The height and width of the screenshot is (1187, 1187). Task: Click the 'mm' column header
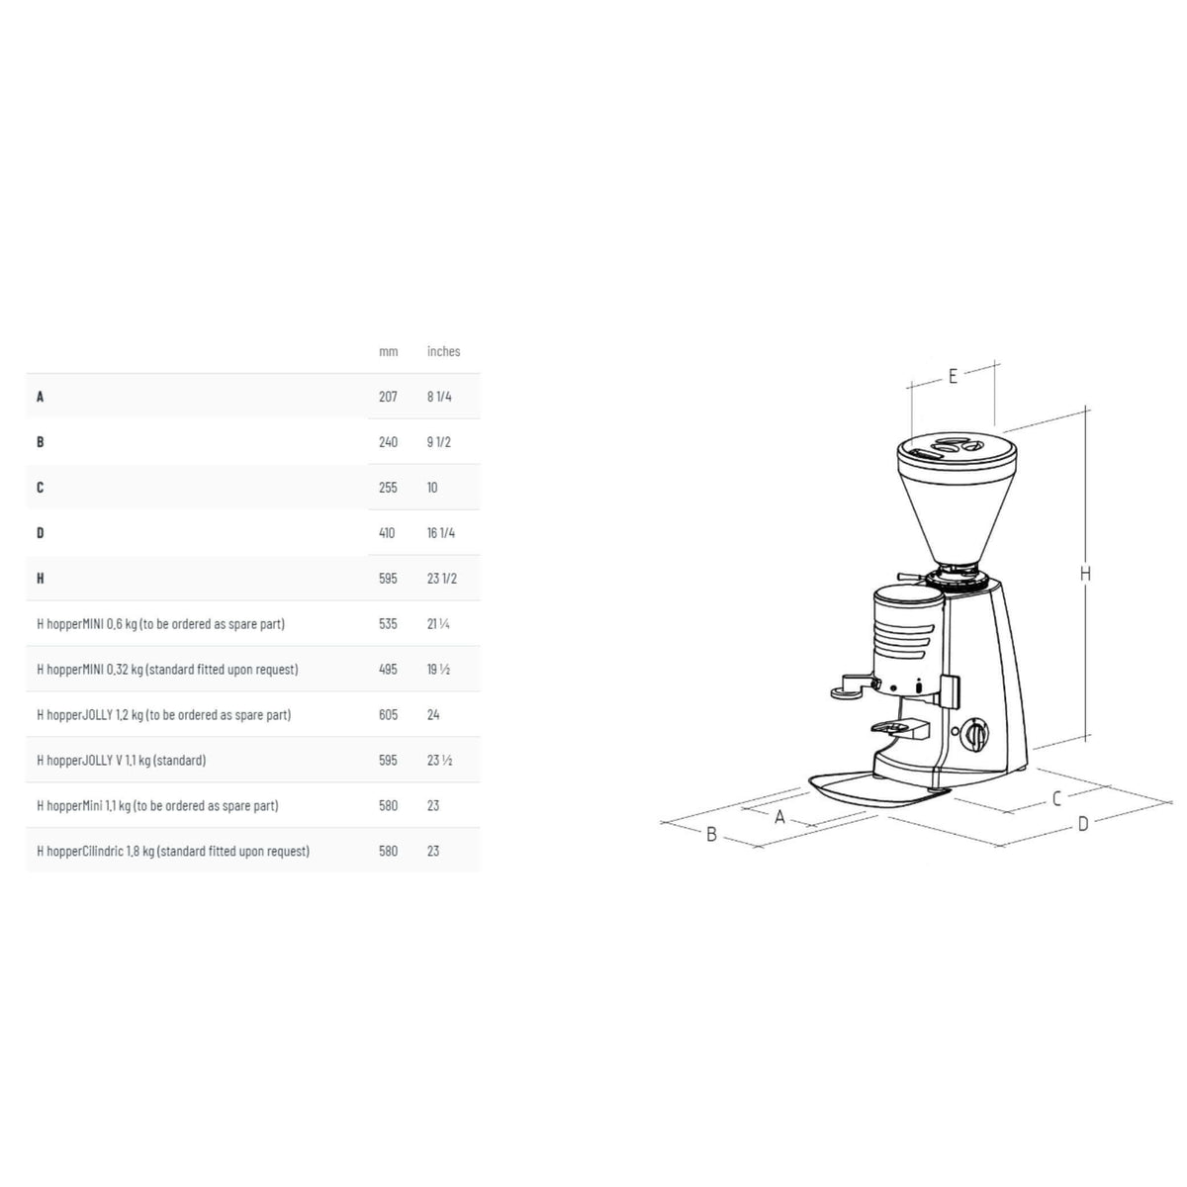(388, 351)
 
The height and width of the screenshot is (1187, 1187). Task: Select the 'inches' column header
(443, 351)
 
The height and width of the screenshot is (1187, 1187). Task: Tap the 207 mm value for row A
(388, 397)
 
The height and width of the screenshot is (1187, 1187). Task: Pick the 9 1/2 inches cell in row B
(438, 442)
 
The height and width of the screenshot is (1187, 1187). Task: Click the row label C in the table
(41, 488)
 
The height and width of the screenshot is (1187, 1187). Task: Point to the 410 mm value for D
(387, 533)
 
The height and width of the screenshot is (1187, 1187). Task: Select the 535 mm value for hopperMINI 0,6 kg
(388, 624)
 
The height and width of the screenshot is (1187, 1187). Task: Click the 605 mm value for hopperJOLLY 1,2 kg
(388, 715)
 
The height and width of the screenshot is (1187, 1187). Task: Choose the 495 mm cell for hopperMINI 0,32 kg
(388, 670)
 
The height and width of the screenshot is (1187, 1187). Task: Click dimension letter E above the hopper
(953, 376)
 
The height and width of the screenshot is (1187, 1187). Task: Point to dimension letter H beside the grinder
(1085, 574)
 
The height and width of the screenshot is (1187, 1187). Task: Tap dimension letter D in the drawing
(1083, 824)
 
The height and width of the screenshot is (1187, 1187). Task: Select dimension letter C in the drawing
(1056, 798)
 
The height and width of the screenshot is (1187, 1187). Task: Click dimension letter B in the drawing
(711, 835)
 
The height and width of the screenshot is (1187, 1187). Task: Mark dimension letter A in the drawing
(779, 817)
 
